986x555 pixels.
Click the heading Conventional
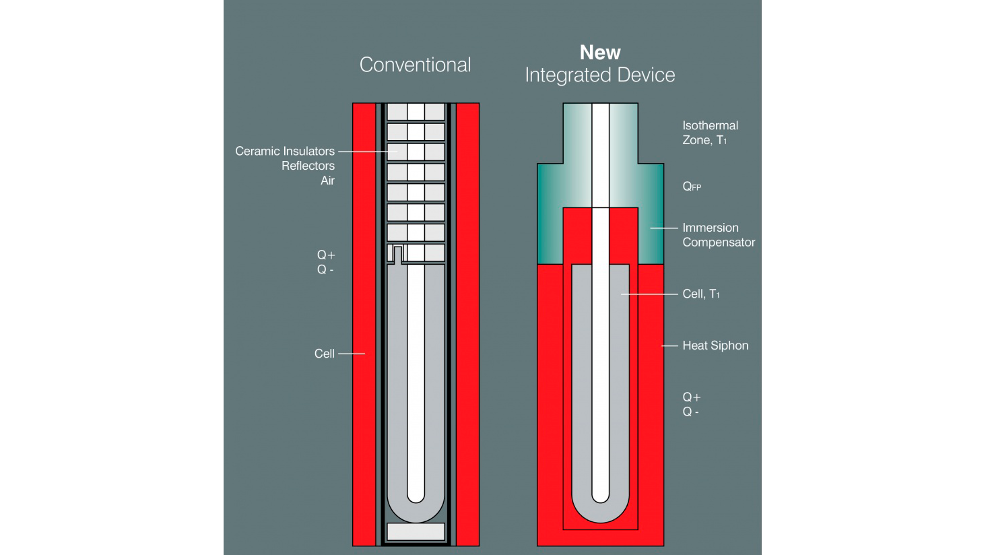tap(415, 65)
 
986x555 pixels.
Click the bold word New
tap(600, 53)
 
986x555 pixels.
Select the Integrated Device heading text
tap(600, 75)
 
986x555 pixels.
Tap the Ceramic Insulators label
tap(285, 152)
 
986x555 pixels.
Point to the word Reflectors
tap(308, 166)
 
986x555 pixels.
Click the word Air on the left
tap(327, 181)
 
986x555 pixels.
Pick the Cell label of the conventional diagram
tap(325, 354)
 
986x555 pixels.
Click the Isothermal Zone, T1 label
tap(710, 133)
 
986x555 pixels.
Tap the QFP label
tap(692, 187)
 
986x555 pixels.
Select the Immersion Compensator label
tap(719, 235)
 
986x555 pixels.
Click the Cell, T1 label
tap(700, 294)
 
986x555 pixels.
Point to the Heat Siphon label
tap(715, 346)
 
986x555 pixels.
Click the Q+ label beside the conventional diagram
tap(326, 255)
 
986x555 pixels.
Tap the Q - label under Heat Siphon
tap(690, 412)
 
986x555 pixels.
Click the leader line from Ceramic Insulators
tap(368, 152)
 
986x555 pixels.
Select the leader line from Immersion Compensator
tap(664, 228)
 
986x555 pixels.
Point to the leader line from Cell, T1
tap(649, 294)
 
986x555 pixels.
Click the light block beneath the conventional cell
tap(416, 531)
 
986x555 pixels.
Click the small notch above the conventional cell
tap(398, 255)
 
